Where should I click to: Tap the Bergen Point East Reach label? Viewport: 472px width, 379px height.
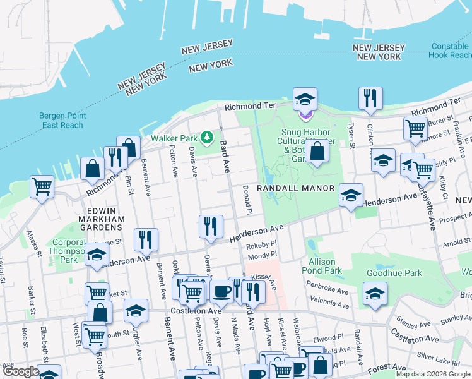pyautogui.click(x=61, y=120)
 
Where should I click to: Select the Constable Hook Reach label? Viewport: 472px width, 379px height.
pyautogui.click(x=451, y=51)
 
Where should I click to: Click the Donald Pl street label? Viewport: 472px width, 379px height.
pyautogui.click(x=248, y=199)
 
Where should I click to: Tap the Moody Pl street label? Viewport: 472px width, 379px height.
pyautogui.click(x=263, y=256)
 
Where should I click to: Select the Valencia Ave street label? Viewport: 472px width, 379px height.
pyautogui.click(x=329, y=304)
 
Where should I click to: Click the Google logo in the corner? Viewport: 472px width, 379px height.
pyautogui.click(x=20, y=372)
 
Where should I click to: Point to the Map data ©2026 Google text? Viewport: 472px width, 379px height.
pyautogui.click(x=433, y=374)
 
